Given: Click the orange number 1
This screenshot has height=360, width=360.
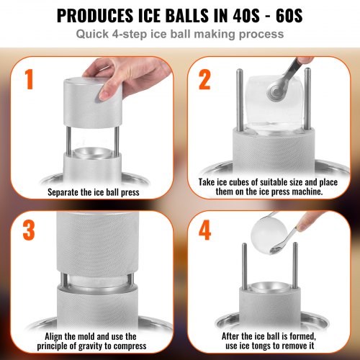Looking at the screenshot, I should [x=30, y=81].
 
